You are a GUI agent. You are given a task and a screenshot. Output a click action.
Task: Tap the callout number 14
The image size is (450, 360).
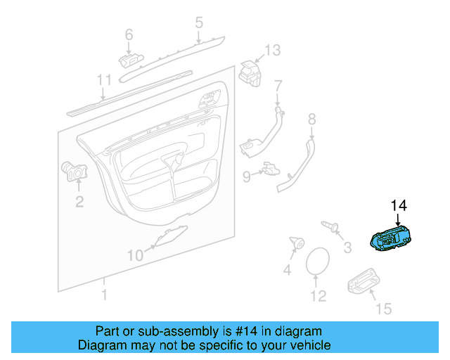tap(399, 205)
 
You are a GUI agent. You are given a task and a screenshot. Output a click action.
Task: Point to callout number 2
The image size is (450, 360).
tap(79, 202)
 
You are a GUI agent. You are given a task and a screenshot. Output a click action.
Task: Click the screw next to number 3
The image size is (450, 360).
tap(331, 226)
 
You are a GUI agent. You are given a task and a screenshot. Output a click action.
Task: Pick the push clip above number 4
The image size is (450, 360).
tap(296, 244)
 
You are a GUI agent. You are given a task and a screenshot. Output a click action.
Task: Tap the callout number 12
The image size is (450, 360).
tap(319, 297)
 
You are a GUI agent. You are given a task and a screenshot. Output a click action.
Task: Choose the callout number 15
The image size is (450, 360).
tap(383, 309)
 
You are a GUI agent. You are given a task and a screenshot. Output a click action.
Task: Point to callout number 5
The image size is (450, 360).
tap(198, 22)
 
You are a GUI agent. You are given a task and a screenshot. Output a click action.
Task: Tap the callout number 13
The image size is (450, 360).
tap(272, 50)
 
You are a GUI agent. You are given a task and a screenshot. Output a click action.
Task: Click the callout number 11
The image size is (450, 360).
tap(104, 79)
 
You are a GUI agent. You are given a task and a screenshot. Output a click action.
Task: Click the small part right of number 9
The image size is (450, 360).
tap(270, 169)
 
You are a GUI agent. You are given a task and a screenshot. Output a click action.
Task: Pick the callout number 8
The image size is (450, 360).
tap(311, 120)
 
